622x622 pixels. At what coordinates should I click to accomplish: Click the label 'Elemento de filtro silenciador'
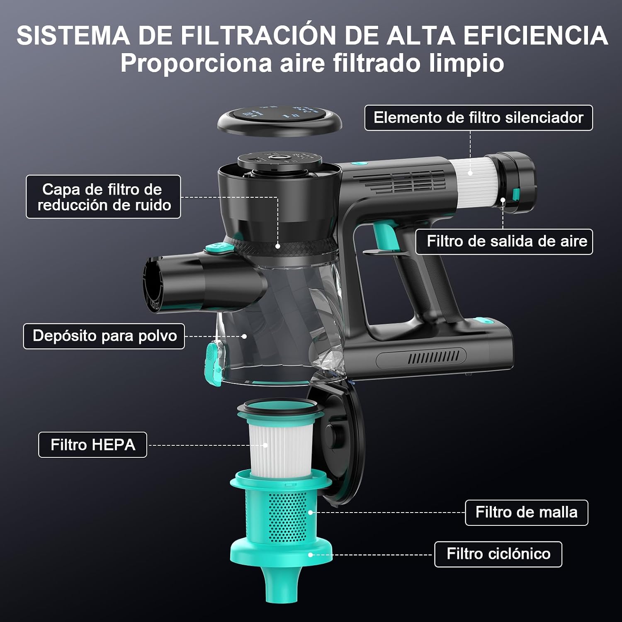click(479, 118)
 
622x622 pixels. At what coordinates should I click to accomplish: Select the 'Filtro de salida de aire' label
click(504, 241)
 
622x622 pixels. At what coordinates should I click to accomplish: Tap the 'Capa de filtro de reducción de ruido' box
click(103, 197)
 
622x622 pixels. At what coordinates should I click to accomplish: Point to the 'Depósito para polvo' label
click(104, 336)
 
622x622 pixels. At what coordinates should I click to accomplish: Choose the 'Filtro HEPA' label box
click(92, 445)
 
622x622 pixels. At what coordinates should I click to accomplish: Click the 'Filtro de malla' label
click(527, 513)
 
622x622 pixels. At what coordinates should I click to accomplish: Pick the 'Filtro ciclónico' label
click(498, 554)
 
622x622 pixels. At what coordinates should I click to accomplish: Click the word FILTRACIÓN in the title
click(258, 36)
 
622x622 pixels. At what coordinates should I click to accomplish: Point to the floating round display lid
click(280, 121)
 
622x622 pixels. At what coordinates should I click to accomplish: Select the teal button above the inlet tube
click(220, 249)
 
